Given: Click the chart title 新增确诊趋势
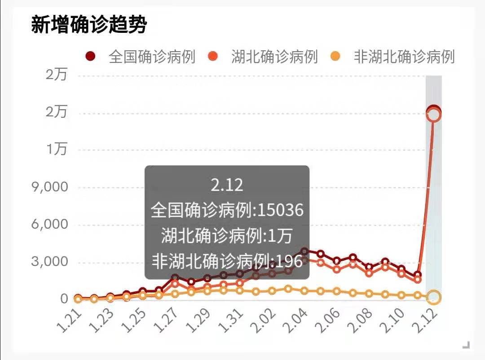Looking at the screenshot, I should click(x=89, y=25).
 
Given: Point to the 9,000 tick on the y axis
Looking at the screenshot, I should click(x=49, y=187).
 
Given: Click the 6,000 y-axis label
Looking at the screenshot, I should click(x=49, y=224).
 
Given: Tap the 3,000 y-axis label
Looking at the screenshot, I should click(x=49, y=262).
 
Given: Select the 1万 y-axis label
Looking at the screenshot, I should click(x=57, y=149).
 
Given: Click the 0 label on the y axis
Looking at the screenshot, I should click(x=64, y=299).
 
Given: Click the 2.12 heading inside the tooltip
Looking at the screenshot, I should click(x=227, y=185).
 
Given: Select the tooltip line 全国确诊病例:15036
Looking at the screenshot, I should click(x=227, y=210).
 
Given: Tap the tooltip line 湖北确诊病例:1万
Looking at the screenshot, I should click(x=227, y=235).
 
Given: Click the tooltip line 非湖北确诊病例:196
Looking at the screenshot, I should click(x=227, y=260).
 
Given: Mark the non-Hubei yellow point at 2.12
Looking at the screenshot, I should click(x=434, y=297).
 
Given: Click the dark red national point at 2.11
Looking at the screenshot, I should click(x=418, y=275).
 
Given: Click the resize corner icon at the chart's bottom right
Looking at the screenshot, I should click(x=466, y=345).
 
